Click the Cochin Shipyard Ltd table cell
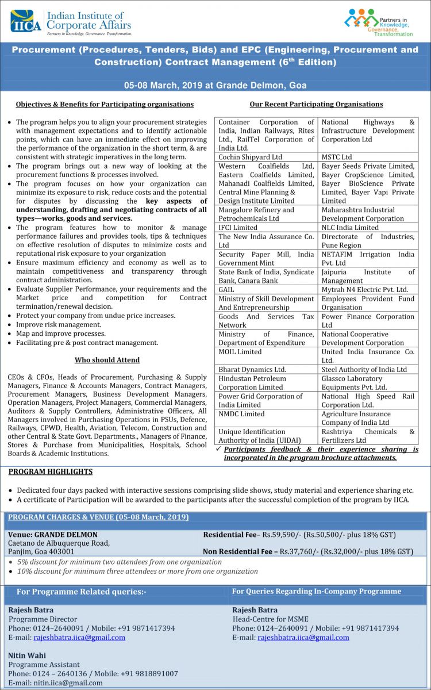(250, 157)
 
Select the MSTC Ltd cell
(337, 157)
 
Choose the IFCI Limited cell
(238, 228)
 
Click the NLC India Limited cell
(350, 228)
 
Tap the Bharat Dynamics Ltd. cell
(252, 369)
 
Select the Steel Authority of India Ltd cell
(364, 369)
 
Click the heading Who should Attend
(107, 360)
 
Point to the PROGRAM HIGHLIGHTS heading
(51, 471)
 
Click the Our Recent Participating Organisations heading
(316, 104)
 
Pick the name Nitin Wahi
(27, 655)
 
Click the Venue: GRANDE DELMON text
(53, 535)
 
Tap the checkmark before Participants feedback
(218, 449)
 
